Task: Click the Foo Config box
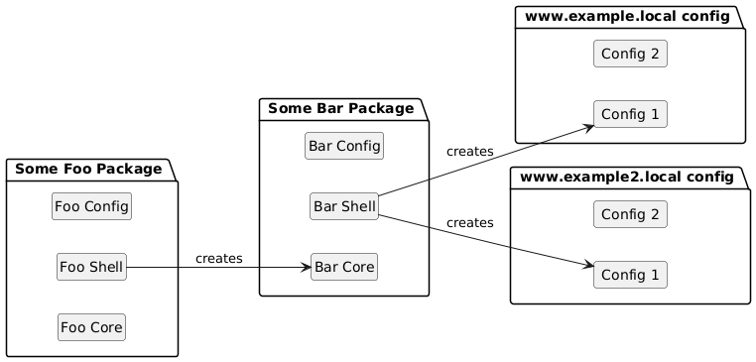click(91, 206)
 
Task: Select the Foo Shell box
click(91, 267)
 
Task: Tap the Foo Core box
click(91, 327)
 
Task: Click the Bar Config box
click(344, 146)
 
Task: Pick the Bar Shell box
click(344, 206)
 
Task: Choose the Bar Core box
click(344, 267)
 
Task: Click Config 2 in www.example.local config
click(630, 54)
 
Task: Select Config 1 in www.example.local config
click(630, 114)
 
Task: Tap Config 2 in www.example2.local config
click(630, 214)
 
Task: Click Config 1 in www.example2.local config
click(630, 275)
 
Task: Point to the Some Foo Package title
click(88, 170)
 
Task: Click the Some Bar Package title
click(341, 108)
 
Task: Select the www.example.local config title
click(627, 17)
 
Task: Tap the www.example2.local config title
click(627, 178)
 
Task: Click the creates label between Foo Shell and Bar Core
click(219, 259)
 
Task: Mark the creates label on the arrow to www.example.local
click(470, 152)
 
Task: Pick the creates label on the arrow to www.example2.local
click(470, 223)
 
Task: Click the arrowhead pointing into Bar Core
click(307, 267)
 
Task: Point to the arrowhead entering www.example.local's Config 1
click(587, 127)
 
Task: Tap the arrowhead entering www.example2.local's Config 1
click(587, 265)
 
